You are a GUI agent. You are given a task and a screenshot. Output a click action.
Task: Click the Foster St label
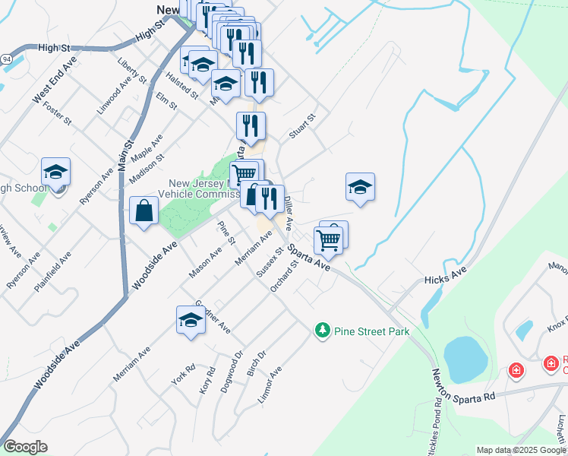coord(57,115)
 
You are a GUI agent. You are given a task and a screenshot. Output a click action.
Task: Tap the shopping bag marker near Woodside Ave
coord(144,211)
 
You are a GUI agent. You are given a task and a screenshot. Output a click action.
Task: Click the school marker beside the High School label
coord(55,173)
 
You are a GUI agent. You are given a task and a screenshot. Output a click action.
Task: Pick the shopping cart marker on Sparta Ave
coord(328,241)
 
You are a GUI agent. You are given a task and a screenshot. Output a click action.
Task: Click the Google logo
coord(25,447)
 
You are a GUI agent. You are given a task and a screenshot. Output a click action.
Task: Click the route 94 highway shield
coord(5,58)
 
